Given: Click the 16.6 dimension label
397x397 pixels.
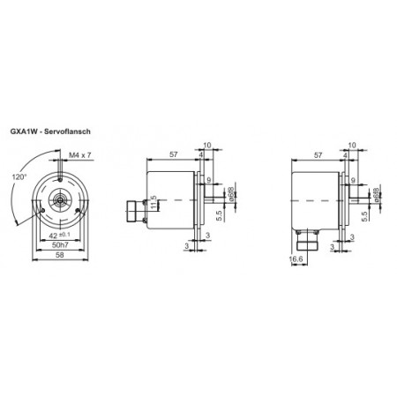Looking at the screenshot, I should [296, 258].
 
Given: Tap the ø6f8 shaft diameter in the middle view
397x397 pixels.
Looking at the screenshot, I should [230, 194].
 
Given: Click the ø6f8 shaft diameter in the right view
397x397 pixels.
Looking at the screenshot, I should [377, 194].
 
